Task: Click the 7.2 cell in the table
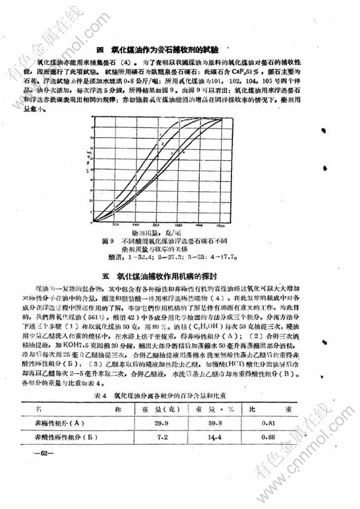162,438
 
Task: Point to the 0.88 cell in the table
269,438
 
